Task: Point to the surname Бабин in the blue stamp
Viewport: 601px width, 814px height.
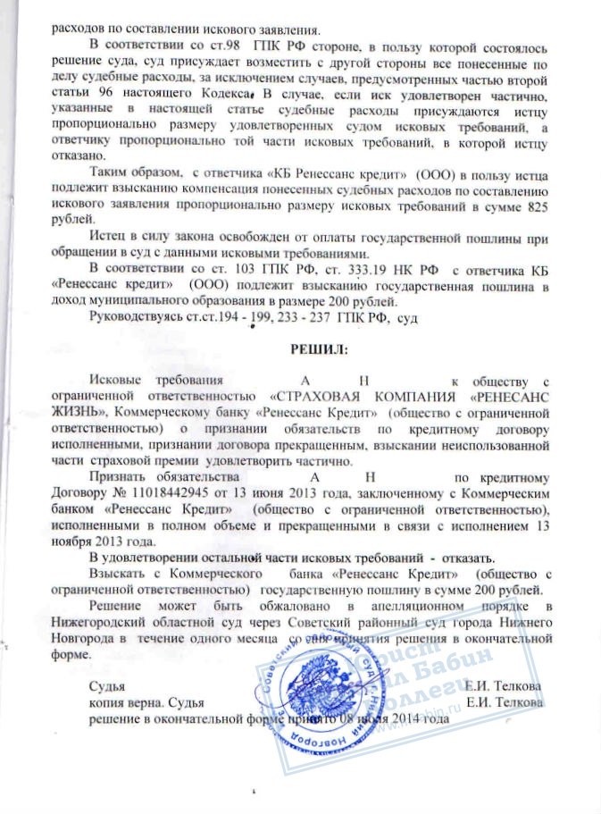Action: coord(486,671)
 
